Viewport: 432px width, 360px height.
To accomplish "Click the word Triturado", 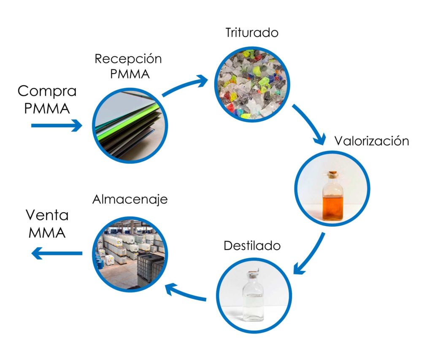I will coord(252,32).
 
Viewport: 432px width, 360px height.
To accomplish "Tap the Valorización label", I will coord(372,141).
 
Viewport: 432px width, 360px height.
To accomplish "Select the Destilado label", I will coord(252,245).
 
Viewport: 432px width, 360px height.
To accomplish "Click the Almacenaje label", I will coord(130,199).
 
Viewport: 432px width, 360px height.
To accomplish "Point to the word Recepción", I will coord(128,59).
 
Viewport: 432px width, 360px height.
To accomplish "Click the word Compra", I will coord(47,91).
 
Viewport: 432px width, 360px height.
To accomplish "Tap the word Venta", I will coord(47,215).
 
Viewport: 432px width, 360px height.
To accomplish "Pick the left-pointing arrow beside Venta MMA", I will coord(57,253).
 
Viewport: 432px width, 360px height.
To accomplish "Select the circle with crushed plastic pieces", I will coord(252,84).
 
